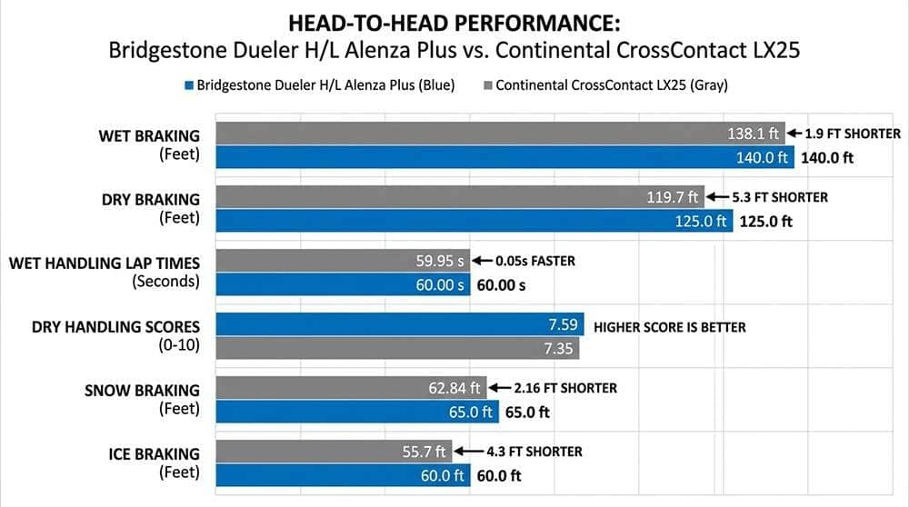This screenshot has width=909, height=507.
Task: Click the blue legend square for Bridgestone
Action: [x=189, y=85]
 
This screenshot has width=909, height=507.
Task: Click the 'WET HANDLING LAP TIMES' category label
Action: [x=104, y=263]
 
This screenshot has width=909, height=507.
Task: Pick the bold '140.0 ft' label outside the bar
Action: [x=827, y=156]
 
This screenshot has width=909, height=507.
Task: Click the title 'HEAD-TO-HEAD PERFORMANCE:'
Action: [x=454, y=22]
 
